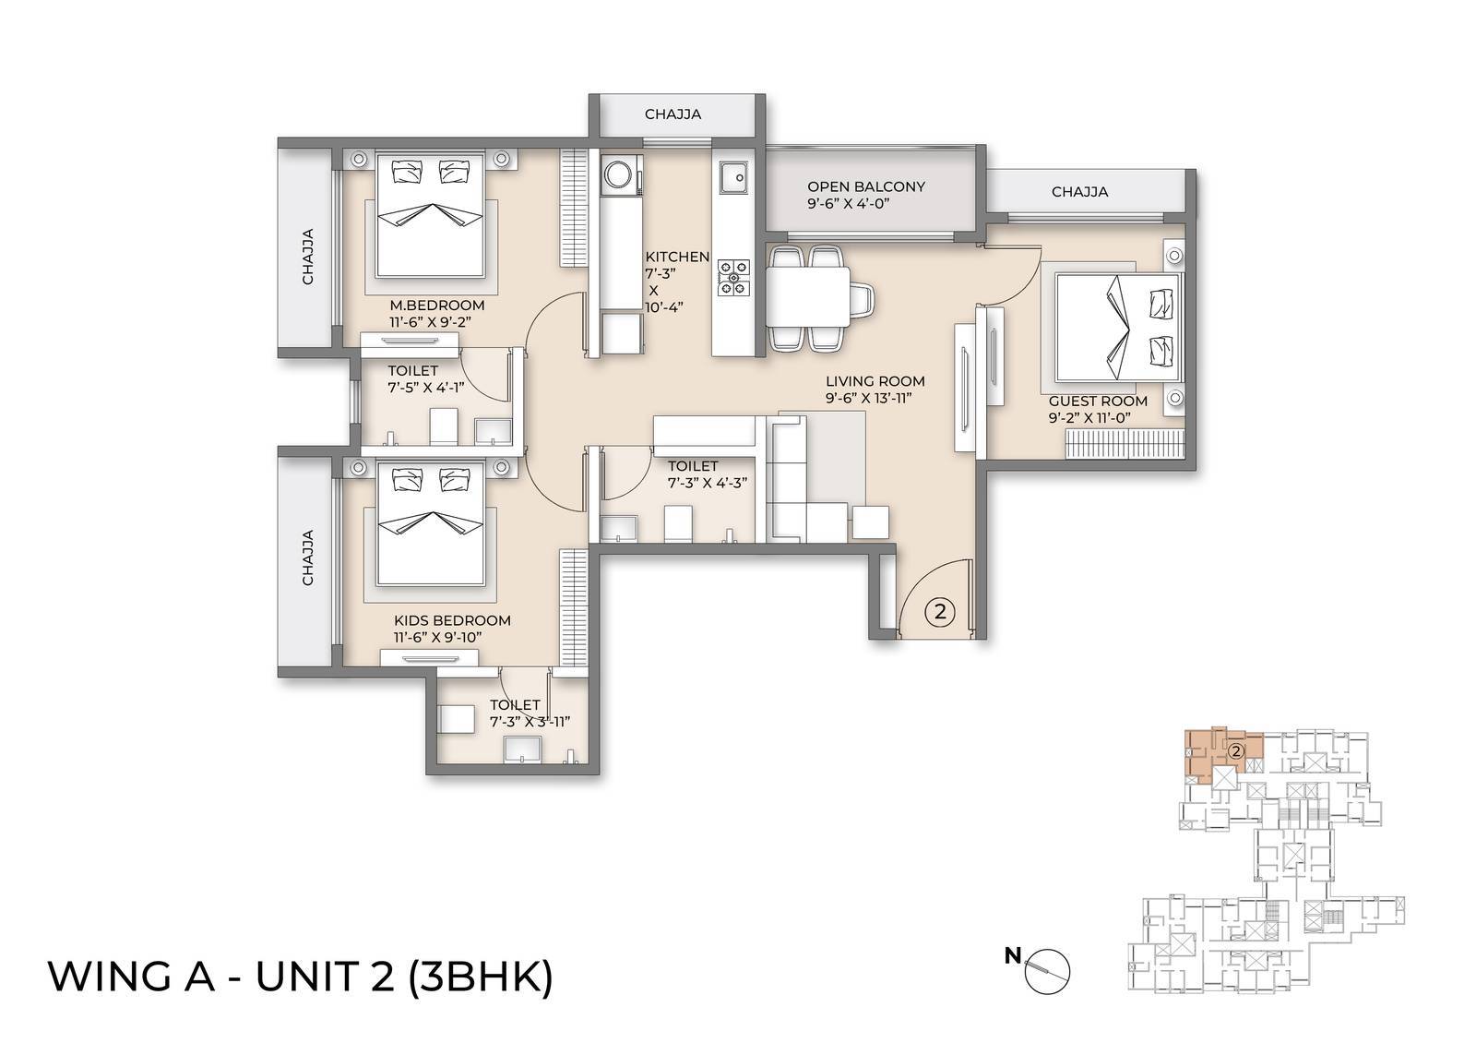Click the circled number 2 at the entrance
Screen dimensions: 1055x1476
(939, 611)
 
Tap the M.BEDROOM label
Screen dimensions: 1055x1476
(436, 306)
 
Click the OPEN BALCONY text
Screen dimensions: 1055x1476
(865, 186)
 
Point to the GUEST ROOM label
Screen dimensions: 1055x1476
(1098, 401)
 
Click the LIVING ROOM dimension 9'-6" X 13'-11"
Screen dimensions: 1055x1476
(875, 398)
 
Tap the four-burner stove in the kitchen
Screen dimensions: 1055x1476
(735, 276)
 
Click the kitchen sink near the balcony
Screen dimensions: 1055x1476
(734, 177)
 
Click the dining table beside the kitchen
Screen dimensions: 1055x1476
(808, 294)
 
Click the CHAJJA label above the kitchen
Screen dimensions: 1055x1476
(673, 114)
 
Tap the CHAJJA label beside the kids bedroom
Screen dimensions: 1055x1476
(308, 557)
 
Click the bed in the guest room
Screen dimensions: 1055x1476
(1116, 328)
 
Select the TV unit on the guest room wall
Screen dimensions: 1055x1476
(970, 379)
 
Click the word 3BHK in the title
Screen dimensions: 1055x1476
(481, 977)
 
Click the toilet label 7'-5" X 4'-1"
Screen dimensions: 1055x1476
(424, 388)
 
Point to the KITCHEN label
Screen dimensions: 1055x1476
(677, 257)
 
